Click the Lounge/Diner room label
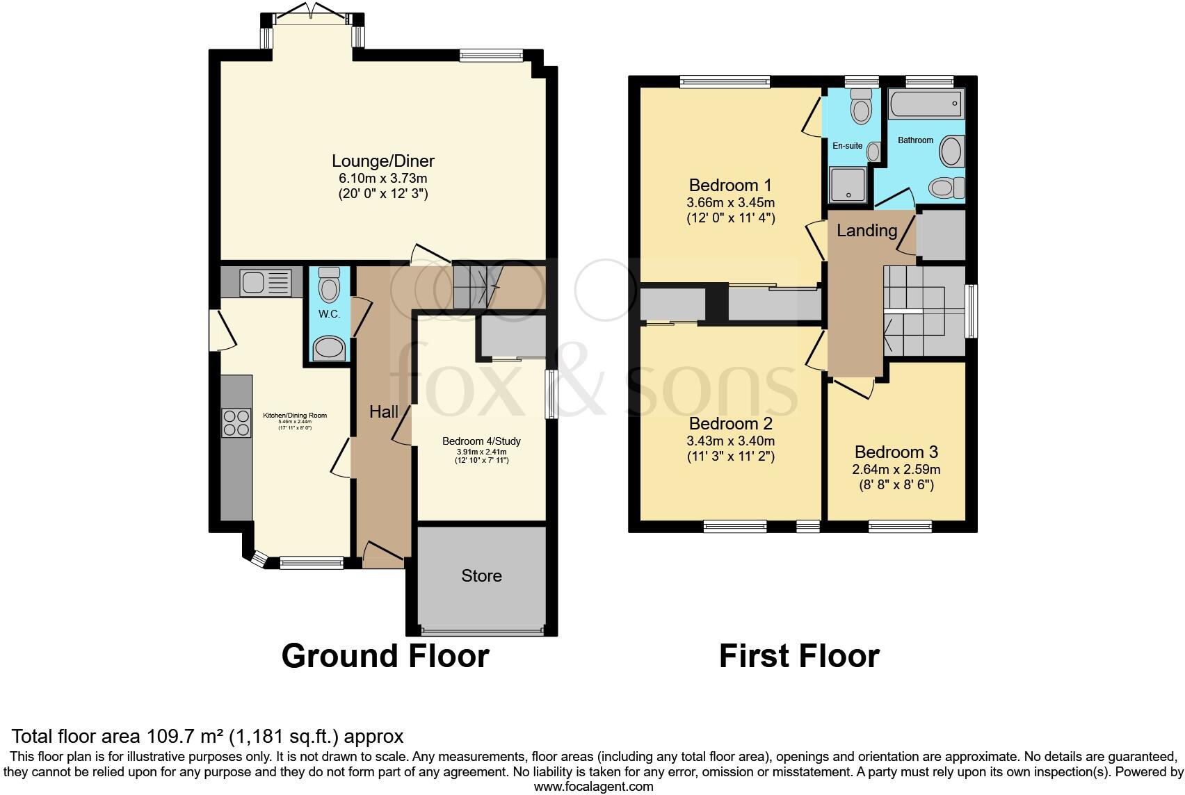383,161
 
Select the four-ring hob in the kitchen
236,422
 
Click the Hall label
384,412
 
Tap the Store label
481,576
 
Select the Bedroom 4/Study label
481,441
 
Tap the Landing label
866,231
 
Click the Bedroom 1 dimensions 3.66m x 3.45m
730,203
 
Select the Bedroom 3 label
896,452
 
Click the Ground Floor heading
385,656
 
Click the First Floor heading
799,656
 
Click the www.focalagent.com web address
593,787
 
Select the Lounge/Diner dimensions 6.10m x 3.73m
383,179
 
